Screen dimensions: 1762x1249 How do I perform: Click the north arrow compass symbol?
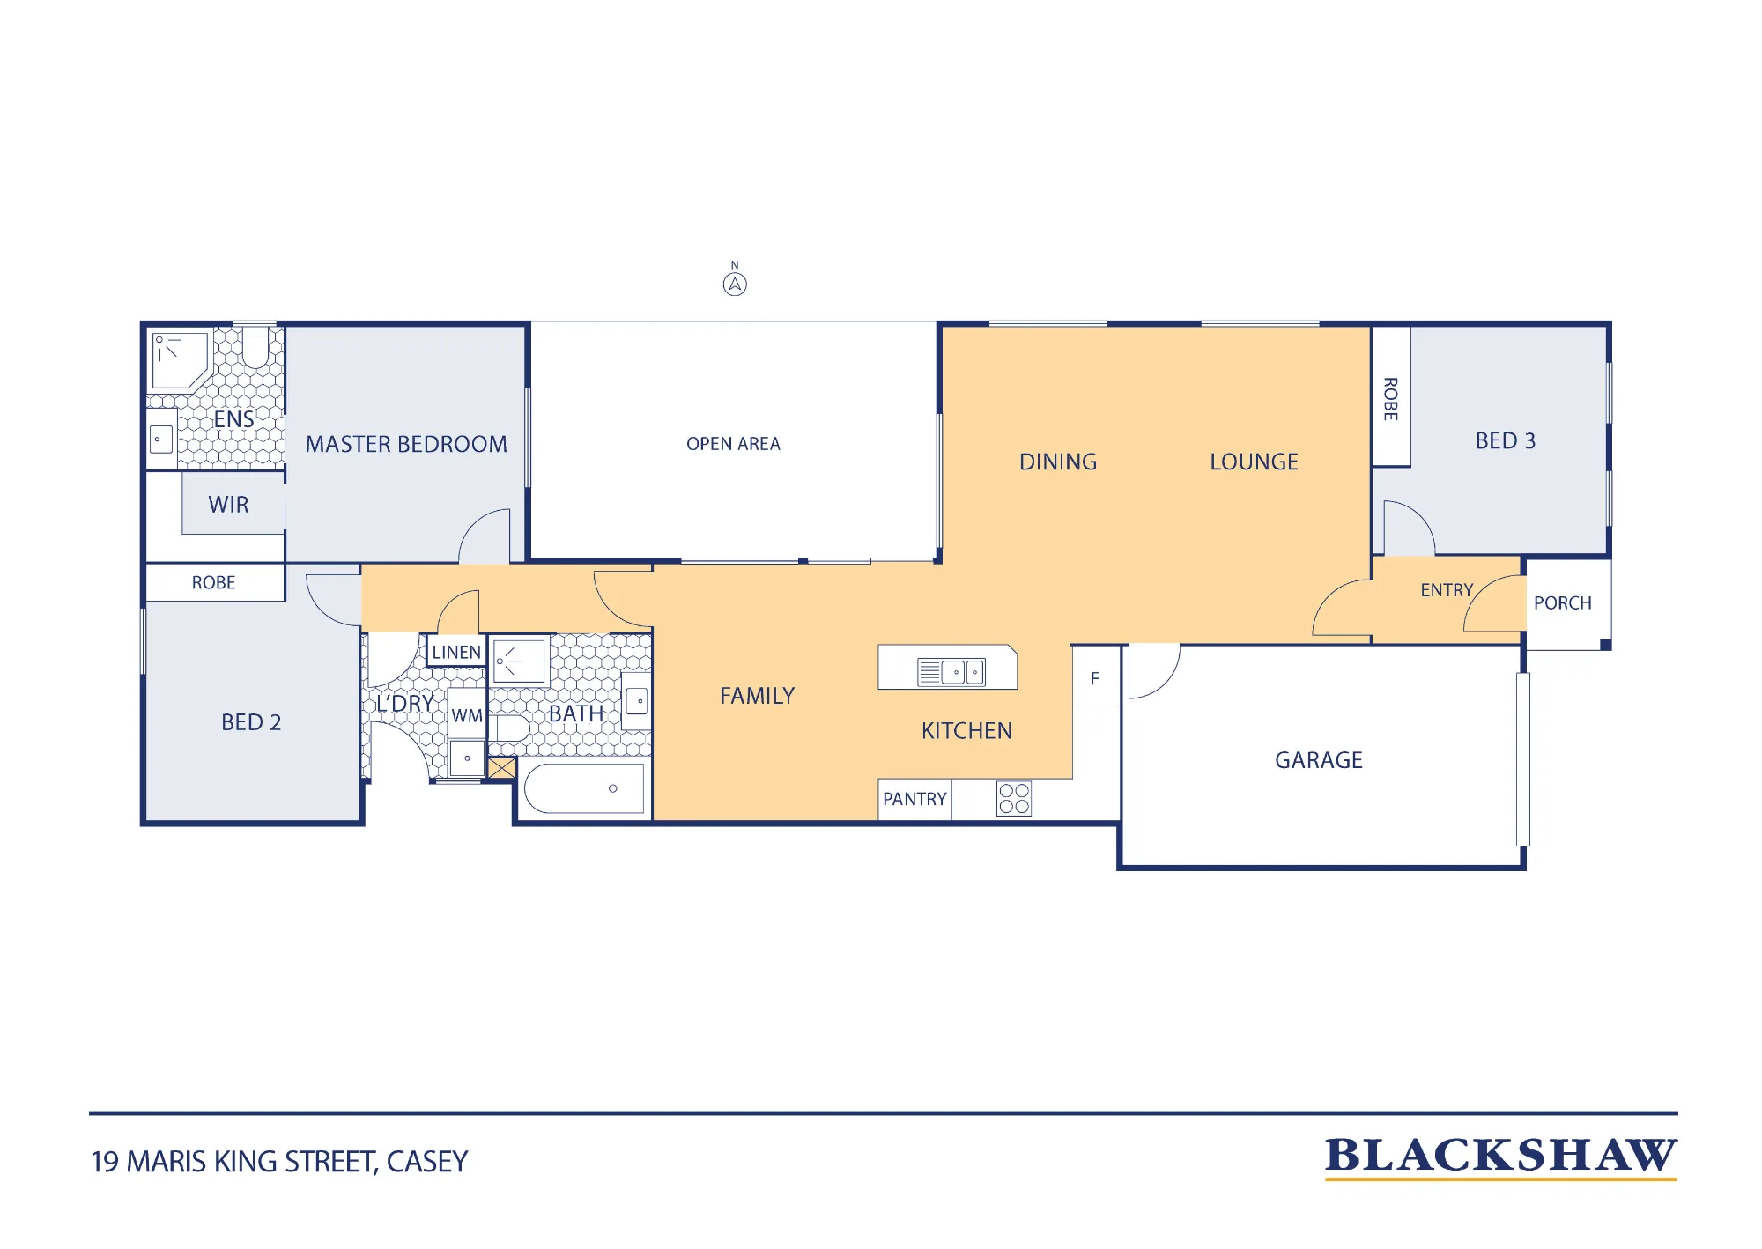pos(735,284)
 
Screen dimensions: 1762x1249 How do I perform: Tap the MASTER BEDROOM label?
pos(406,444)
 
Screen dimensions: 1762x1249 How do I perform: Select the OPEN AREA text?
pos(733,444)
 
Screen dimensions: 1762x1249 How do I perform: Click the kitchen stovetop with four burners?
pos(1014,799)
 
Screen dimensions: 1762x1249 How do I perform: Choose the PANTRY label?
pos(914,799)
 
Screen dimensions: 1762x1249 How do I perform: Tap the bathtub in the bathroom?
pos(584,788)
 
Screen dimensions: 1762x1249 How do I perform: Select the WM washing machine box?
pos(467,715)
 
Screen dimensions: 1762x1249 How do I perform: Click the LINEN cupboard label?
pos(456,652)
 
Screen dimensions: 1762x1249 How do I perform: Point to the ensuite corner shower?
pos(181,359)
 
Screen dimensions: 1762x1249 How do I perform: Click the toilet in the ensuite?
pos(255,348)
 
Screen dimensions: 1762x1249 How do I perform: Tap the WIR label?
pos(228,505)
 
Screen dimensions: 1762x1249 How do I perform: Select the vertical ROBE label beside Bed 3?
pos(1390,399)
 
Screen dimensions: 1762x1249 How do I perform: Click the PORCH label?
pos(1563,603)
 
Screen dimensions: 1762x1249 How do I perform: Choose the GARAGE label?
pos(1319,760)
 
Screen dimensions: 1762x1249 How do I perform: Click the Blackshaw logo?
pos(1501,1157)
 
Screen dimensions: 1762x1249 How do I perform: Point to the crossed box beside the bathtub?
pos(502,768)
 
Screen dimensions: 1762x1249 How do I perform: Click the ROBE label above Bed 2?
pos(214,582)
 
